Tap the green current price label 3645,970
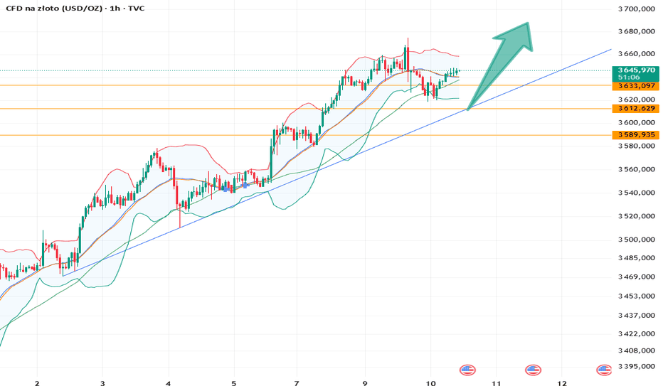[x=636, y=70]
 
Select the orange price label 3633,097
[x=636, y=86]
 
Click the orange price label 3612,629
[x=636, y=109]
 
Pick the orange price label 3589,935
[x=636, y=135]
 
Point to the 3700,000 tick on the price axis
[x=637, y=9]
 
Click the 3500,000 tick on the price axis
[x=637, y=240]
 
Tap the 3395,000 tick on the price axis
[x=637, y=367]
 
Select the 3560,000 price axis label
[x=637, y=169]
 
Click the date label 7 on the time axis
[x=297, y=384]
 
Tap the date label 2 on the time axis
[x=37, y=384]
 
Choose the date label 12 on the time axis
[x=561, y=384]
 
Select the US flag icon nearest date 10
[x=467, y=370]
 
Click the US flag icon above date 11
[x=533, y=370]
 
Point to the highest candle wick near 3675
[x=408, y=41]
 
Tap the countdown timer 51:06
[x=628, y=77]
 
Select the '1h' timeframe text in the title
[x=114, y=8]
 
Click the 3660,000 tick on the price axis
[x=637, y=54]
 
